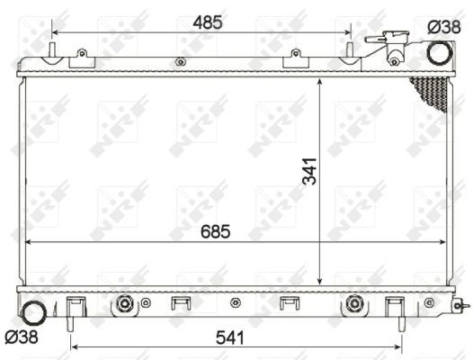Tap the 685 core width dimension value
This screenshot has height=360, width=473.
(215, 231)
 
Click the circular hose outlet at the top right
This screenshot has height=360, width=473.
(438, 53)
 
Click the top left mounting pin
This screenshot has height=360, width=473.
(52, 49)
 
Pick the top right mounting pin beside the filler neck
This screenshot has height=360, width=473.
(349, 49)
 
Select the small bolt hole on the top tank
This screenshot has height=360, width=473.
(180, 62)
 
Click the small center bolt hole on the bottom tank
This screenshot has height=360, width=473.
(235, 302)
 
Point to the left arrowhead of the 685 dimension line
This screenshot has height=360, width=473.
(29, 243)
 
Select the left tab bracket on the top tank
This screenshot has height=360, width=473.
(82, 58)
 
